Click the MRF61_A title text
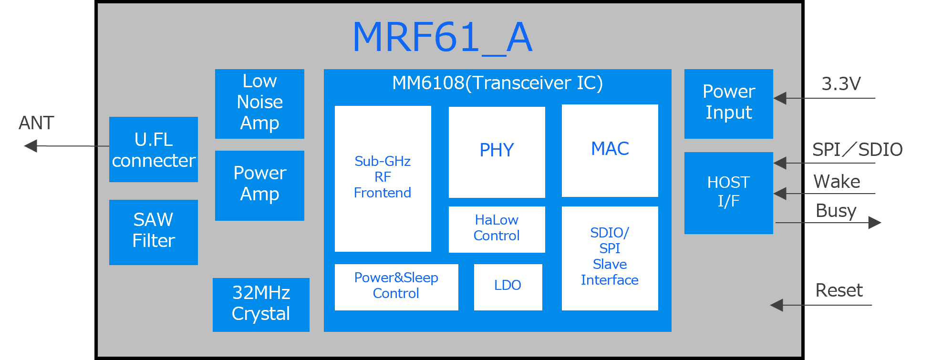click(x=442, y=38)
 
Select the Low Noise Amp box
click(x=259, y=103)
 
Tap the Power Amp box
click(x=259, y=185)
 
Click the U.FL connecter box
click(x=153, y=149)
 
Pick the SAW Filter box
click(x=153, y=232)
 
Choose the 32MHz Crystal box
click(x=261, y=304)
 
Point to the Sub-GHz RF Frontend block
click(x=383, y=178)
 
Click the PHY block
click(x=497, y=152)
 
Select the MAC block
click(x=610, y=150)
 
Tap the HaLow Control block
click(x=497, y=229)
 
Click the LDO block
click(x=507, y=287)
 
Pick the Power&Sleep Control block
click(x=396, y=287)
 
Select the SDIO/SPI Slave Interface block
click(x=610, y=257)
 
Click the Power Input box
click(x=728, y=103)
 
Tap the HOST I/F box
click(x=728, y=193)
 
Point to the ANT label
click(x=36, y=123)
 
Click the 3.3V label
click(x=841, y=84)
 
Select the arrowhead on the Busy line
click(x=874, y=223)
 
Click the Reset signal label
click(x=839, y=290)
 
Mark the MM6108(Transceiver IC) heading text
click(x=497, y=83)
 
